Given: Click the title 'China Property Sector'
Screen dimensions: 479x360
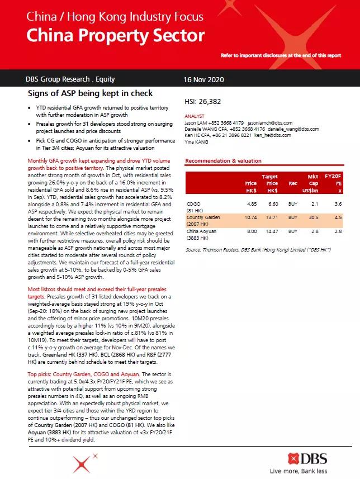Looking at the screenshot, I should click(115, 36).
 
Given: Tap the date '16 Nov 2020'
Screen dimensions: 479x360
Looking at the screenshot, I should click(204, 79).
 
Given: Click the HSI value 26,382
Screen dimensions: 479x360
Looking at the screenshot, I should click(202, 102).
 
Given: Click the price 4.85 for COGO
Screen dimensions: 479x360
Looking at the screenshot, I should click(252, 205).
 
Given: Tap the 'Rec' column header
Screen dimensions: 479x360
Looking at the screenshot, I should click(293, 183).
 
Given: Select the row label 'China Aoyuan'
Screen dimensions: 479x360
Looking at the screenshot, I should click(202, 231).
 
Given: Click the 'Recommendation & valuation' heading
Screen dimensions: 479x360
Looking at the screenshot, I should click(223, 161).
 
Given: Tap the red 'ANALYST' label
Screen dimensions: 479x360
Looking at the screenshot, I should click(195, 116).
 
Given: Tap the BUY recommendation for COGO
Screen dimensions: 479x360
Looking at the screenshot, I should click(293, 205).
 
